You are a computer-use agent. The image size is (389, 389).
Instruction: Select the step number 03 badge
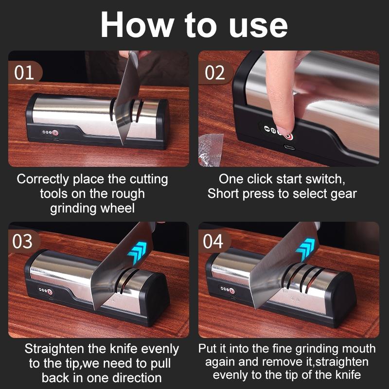pos(23,241)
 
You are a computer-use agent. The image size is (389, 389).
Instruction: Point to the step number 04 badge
pos(213,241)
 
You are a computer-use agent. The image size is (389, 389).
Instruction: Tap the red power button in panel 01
pos(55,133)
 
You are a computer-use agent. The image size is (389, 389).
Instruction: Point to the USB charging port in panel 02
pos(289,147)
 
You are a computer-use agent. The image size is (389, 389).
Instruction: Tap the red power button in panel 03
pos(50,292)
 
